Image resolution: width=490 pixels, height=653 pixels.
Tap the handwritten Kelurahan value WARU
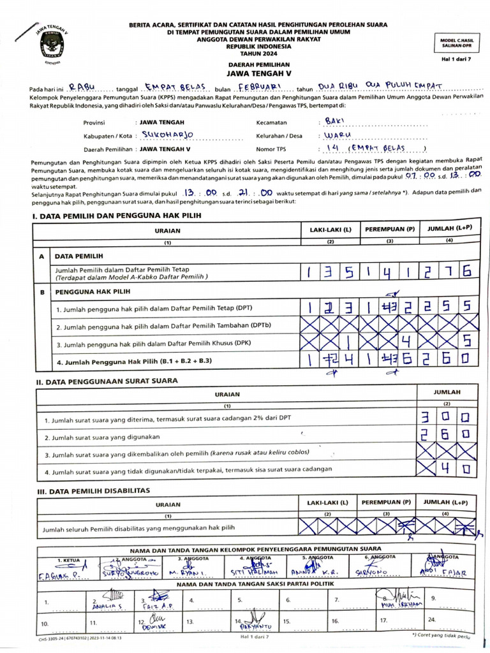(x=338, y=135)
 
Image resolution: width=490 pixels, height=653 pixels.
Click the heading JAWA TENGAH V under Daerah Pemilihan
(x=258, y=73)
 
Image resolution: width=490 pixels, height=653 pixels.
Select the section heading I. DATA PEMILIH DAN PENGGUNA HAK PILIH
(x=116, y=216)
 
